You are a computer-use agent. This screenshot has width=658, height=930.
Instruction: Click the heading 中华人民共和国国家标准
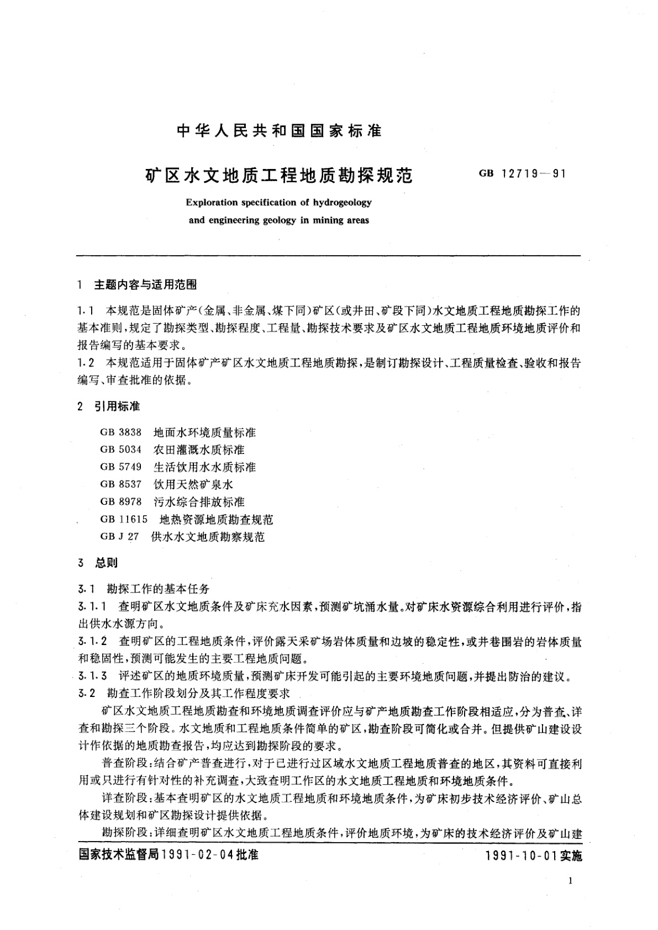click(278, 131)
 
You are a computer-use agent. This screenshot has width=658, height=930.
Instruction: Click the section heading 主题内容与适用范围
click(145, 285)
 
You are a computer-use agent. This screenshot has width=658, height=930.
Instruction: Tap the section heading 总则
click(106, 563)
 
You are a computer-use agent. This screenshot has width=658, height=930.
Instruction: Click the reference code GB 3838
click(121, 432)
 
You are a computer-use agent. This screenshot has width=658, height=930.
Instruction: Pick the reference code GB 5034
click(121, 450)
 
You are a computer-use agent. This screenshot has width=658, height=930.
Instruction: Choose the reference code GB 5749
click(121, 467)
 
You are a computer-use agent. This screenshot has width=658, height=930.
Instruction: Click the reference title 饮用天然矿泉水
click(193, 484)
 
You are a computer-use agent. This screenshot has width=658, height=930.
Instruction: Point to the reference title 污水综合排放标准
click(199, 502)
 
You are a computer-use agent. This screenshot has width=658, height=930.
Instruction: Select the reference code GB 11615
click(124, 520)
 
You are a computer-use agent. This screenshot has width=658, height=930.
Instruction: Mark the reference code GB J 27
click(119, 537)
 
